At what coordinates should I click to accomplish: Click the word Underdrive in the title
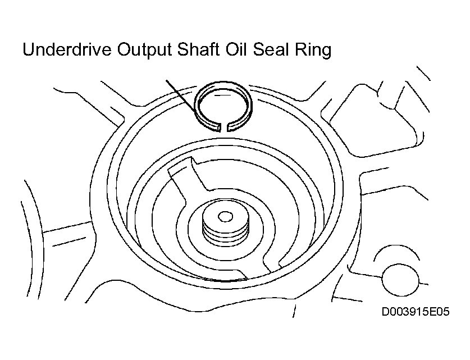coord(67,49)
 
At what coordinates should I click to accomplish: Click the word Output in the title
coord(144,51)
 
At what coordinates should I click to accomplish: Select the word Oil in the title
coord(236,49)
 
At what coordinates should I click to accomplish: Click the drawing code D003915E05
coord(416,312)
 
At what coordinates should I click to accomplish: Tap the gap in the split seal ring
coord(224,127)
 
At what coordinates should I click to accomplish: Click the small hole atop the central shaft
coord(225,216)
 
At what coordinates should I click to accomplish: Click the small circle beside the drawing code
coord(400,280)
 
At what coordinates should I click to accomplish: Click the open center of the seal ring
coord(223,106)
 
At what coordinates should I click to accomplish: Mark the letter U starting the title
coord(29,49)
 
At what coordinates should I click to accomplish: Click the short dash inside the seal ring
coord(223,95)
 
